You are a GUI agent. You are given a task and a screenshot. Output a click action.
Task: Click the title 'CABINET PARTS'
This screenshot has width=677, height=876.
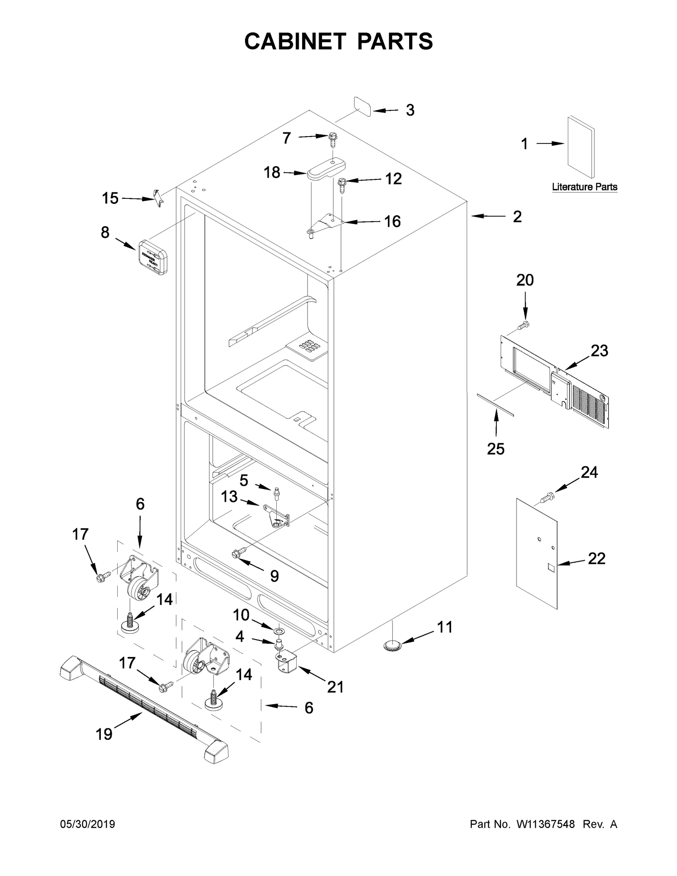tap(338, 41)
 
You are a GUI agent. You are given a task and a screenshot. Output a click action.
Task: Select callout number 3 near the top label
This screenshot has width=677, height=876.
tap(410, 110)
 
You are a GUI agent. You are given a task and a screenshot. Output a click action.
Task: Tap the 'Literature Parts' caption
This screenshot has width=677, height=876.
tap(584, 187)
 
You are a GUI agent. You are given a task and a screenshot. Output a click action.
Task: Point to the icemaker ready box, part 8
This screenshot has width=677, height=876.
tap(151, 258)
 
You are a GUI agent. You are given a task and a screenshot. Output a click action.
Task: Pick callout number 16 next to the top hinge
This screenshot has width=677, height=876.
tap(392, 221)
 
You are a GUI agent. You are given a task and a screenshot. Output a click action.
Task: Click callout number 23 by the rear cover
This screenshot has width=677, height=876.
tap(599, 350)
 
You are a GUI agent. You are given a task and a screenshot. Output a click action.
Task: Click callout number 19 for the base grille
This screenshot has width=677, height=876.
tap(104, 734)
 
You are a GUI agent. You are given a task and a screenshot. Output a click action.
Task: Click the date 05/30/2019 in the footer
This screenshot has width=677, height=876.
tap(88, 824)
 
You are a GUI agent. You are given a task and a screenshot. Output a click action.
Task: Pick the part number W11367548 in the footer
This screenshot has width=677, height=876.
tap(545, 824)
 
